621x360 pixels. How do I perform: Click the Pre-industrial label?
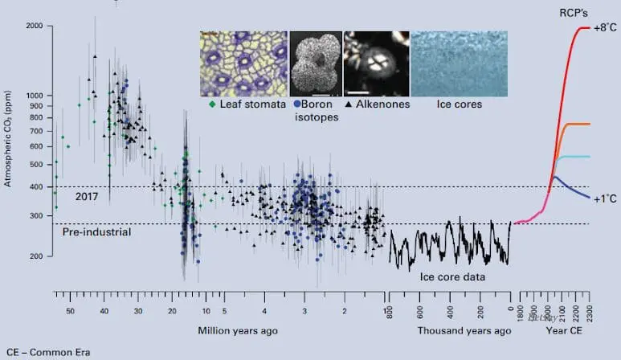(96, 232)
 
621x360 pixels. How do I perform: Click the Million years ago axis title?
(233, 330)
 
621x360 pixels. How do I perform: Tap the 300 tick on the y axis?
(37, 215)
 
